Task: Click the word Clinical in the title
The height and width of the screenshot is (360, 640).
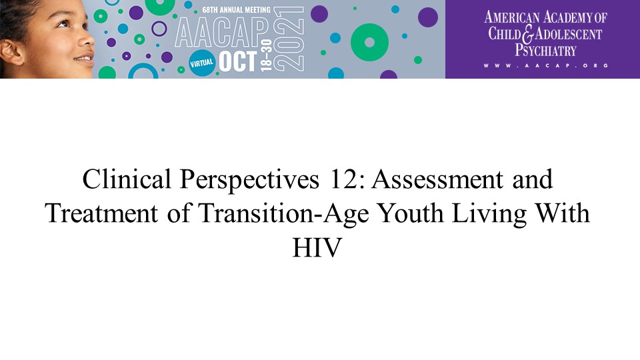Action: coord(127,179)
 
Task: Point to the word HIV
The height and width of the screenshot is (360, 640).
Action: coord(317,247)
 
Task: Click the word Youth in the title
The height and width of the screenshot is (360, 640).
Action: coord(411,213)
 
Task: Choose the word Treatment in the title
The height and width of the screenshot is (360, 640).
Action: coord(101,213)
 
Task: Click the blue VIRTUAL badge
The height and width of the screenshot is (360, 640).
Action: coord(201,63)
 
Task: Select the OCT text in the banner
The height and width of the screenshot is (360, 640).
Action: coord(238,61)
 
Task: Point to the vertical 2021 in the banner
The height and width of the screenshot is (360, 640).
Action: coord(289,39)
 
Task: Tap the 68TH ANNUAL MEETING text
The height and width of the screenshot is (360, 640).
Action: coord(236,9)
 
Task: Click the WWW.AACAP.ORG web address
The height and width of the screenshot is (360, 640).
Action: coord(546,65)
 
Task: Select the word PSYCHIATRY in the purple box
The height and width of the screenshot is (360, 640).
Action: coord(545,50)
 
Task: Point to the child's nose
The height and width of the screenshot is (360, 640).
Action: coord(87,39)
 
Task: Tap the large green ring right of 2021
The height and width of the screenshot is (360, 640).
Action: coord(369,43)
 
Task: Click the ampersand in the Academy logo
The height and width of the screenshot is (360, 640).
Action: coord(528,34)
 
